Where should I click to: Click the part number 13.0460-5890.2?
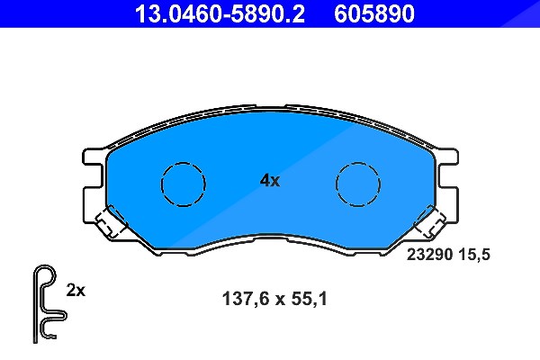click(x=220, y=13)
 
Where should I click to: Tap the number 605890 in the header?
click(x=374, y=13)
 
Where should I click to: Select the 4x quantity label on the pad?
click(x=270, y=180)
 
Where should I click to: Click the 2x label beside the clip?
click(x=76, y=291)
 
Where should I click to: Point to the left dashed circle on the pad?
click(x=184, y=163)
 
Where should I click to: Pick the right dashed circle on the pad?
click(x=358, y=163)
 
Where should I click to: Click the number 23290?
click(x=429, y=255)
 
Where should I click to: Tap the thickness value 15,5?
click(x=474, y=256)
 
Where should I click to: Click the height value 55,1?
click(x=309, y=299)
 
